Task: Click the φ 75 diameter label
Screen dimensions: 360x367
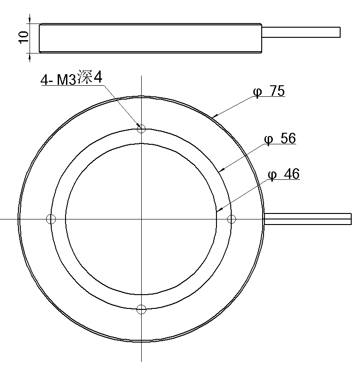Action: click(269, 91)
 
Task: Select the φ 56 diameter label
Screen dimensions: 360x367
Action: click(280, 138)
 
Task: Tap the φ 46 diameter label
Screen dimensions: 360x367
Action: click(283, 174)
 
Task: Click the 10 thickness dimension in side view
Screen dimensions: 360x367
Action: click(24, 37)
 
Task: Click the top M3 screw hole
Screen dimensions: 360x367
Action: click(141, 129)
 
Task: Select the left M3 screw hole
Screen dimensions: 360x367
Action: click(51, 219)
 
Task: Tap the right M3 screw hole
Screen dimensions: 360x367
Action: click(232, 219)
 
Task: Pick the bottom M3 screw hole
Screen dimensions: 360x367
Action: click(141, 309)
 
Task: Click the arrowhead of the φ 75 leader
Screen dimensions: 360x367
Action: click(214, 116)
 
